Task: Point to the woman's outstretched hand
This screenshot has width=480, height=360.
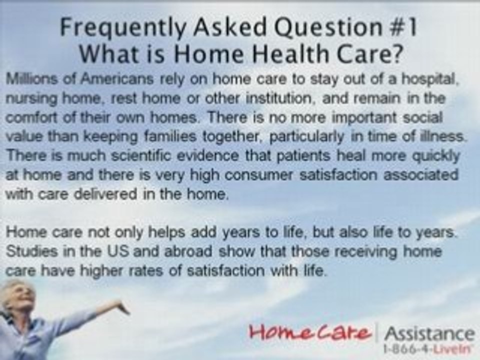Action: click(x=120, y=305)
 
